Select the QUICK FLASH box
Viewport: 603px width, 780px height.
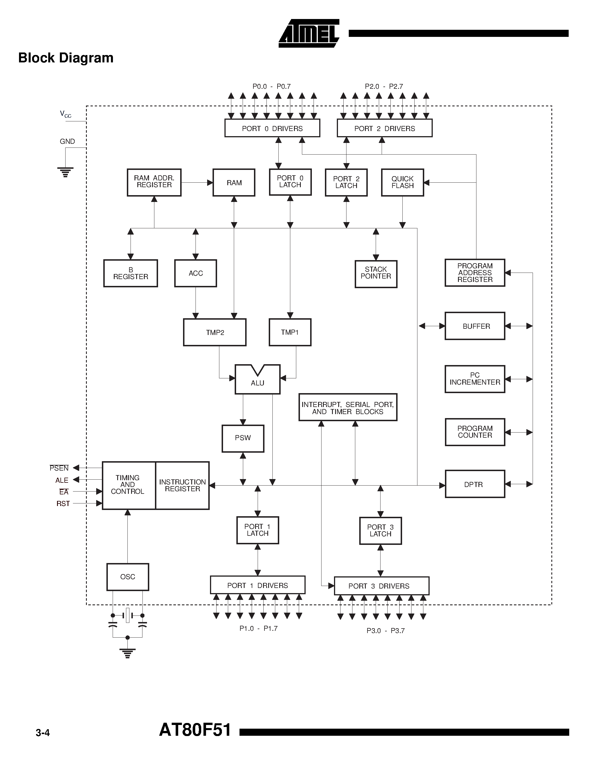coord(402,182)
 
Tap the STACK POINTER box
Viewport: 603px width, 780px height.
coord(376,274)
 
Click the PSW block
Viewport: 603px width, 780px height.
coord(243,438)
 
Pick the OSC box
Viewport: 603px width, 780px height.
coord(127,577)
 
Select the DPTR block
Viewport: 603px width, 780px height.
coord(474,484)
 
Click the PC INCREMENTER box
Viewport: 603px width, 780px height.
coord(474,379)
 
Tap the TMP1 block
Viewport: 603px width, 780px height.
coord(290,332)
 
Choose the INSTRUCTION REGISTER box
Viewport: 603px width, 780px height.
coord(182,485)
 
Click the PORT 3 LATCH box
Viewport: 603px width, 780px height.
coord(381,531)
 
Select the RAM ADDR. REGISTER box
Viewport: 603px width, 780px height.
coord(154,182)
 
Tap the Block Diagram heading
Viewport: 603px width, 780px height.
coord(66,58)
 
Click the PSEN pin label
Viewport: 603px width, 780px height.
coord(59,468)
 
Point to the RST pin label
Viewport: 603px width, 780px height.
coord(63,503)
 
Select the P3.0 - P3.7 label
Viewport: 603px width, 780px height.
coord(385,631)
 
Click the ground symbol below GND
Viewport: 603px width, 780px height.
coord(65,172)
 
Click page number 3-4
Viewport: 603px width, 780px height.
coord(43,733)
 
